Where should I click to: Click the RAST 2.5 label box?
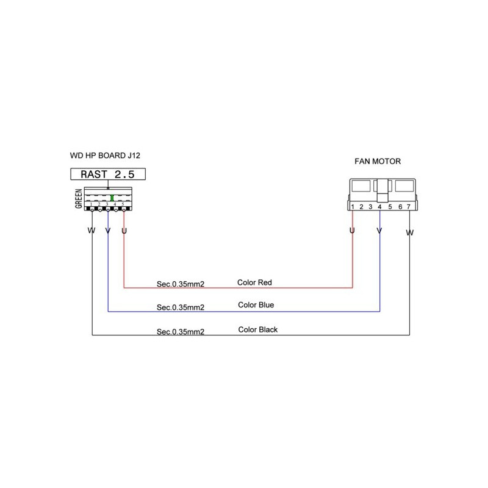(x=107, y=174)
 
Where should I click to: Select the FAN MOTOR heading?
(x=378, y=162)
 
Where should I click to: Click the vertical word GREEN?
(x=79, y=199)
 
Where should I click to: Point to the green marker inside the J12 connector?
(x=113, y=198)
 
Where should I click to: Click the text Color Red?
(x=254, y=283)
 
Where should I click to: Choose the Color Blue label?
(x=256, y=305)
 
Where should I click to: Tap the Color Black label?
(x=257, y=329)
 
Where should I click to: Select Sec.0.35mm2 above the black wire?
(x=180, y=332)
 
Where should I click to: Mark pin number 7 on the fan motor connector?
(x=408, y=207)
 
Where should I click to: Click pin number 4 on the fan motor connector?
(x=379, y=207)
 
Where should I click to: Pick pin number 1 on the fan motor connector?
(x=353, y=207)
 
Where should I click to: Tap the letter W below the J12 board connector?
(x=91, y=231)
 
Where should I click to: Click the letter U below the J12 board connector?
(x=124, y=231)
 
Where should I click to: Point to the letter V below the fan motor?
(x=379, y=232)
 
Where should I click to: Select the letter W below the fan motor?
(x=409, y=233)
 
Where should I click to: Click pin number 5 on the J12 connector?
(x=123, y=204)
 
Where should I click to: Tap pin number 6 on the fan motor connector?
(x=399, y=207)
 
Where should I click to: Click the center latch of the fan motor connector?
(x=382, y=189)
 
